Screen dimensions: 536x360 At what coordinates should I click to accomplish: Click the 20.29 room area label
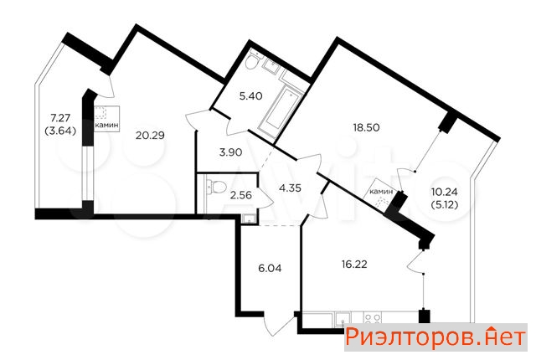150,136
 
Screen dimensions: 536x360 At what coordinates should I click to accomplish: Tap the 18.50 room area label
367,128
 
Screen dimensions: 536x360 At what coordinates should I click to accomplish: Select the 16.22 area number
354,264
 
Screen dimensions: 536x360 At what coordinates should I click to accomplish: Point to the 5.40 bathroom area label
251,96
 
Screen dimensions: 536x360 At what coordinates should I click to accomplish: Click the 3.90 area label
231,152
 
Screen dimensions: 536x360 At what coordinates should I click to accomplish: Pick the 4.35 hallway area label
290,188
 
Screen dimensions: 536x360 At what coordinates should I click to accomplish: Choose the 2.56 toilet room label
240,195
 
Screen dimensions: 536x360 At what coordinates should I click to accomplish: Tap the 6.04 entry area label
270,269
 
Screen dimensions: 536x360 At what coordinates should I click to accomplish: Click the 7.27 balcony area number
60,118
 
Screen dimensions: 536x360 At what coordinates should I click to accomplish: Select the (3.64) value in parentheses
60,131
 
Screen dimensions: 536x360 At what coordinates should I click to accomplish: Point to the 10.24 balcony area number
445,192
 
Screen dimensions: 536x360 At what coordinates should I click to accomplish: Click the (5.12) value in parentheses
445,204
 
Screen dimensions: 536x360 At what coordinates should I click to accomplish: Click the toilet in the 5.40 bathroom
253,60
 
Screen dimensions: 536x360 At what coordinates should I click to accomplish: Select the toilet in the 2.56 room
217,187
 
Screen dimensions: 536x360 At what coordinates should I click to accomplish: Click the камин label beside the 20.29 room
107,126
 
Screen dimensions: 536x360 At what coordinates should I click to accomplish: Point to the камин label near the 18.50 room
382,192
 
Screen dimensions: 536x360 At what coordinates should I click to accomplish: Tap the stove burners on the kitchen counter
372,318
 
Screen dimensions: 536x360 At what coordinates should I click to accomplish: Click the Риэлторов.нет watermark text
435,337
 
